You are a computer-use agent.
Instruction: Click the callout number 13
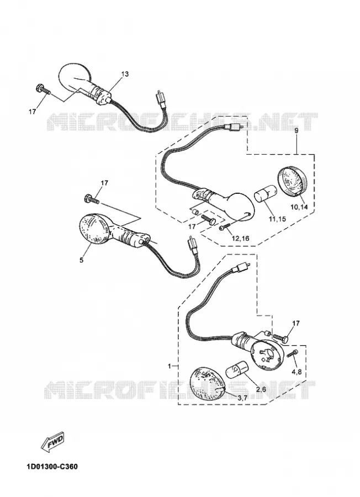(125, 74)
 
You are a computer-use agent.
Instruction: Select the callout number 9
(297, 130)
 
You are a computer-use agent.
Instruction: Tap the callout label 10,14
(299, 207)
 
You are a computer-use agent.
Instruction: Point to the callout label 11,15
(277, 219)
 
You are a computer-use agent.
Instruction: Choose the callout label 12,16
(240, 239)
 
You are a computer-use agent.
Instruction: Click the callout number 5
(82, 260)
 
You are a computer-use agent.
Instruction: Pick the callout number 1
(169, 366)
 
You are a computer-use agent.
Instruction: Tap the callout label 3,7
(242, 398)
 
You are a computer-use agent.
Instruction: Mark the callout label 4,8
(297, 372)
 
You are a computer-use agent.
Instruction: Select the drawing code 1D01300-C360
(52, 467)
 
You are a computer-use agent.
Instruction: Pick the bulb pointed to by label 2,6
(237, 370)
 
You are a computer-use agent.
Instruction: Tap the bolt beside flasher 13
(44, 89)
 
